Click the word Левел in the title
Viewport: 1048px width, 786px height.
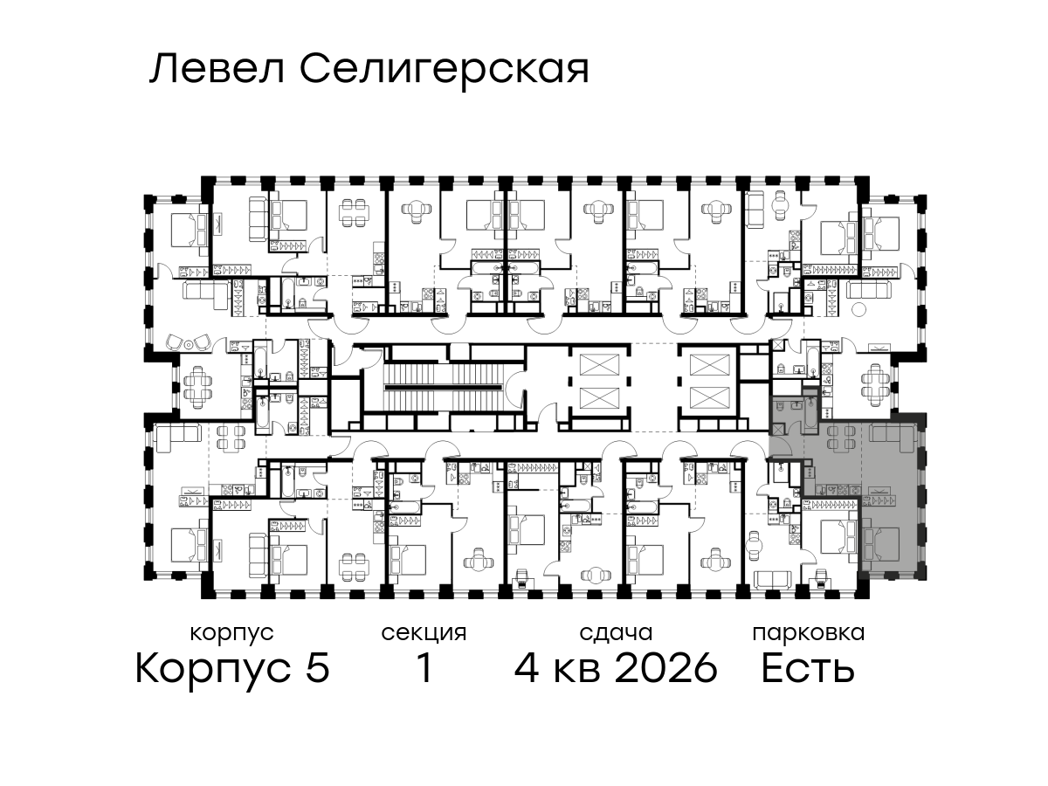tap(217, 70)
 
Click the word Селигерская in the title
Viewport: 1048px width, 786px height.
tap(445, 72)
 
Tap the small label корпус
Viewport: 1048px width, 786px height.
tap(231, 633)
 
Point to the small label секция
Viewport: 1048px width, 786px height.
tap(424, 633)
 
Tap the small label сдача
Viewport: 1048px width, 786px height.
tap(616, 633)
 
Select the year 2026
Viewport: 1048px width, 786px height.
tap(666, 668)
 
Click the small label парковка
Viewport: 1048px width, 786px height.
tap(809, 633)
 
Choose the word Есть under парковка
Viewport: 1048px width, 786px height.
tap(807, 668)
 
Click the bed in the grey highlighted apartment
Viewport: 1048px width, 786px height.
tap(881, 543)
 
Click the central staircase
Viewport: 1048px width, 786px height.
tap(443, 388)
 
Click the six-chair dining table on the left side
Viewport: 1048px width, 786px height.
tap(197, 387)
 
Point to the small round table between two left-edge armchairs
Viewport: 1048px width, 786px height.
tap(189, 343)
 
